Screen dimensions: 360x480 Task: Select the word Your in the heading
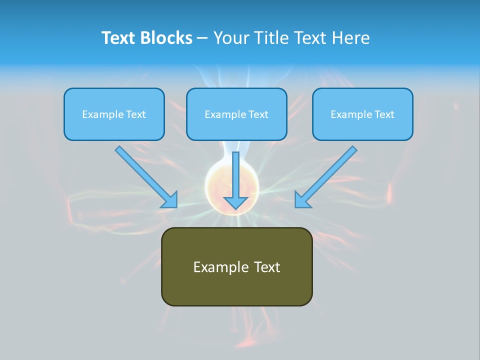[x=229, y=38]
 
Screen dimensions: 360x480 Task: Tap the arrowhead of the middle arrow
[x=235, y=202]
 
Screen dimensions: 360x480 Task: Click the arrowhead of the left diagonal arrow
[x=170, y=199]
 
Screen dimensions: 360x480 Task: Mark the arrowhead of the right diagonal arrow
[x=302, y=199]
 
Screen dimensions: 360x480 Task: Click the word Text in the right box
[x=384, y=114]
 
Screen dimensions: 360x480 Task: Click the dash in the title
[x=202, y=38]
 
